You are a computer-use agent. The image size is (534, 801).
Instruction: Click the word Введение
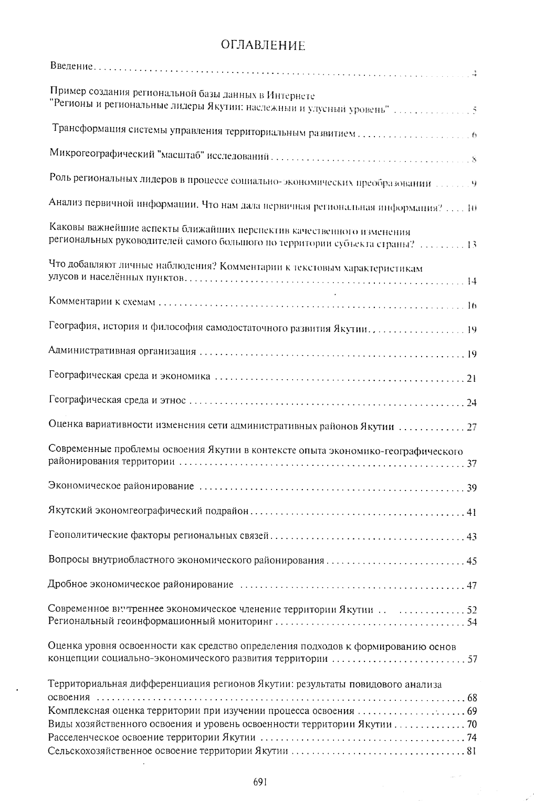coord(71,66)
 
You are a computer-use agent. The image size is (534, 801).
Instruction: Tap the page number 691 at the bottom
coord(260,781)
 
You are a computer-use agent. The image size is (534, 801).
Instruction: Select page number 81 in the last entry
coord(471,751)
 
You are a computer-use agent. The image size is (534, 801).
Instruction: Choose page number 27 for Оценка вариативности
coord(471,427)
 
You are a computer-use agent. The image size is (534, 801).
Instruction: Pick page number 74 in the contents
coord(471,738)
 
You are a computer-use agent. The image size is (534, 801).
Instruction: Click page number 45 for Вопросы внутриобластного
coord(471,561)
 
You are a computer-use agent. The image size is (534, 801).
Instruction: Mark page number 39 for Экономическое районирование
coord(471,488)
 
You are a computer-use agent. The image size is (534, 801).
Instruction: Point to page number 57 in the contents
coord(471,659)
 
